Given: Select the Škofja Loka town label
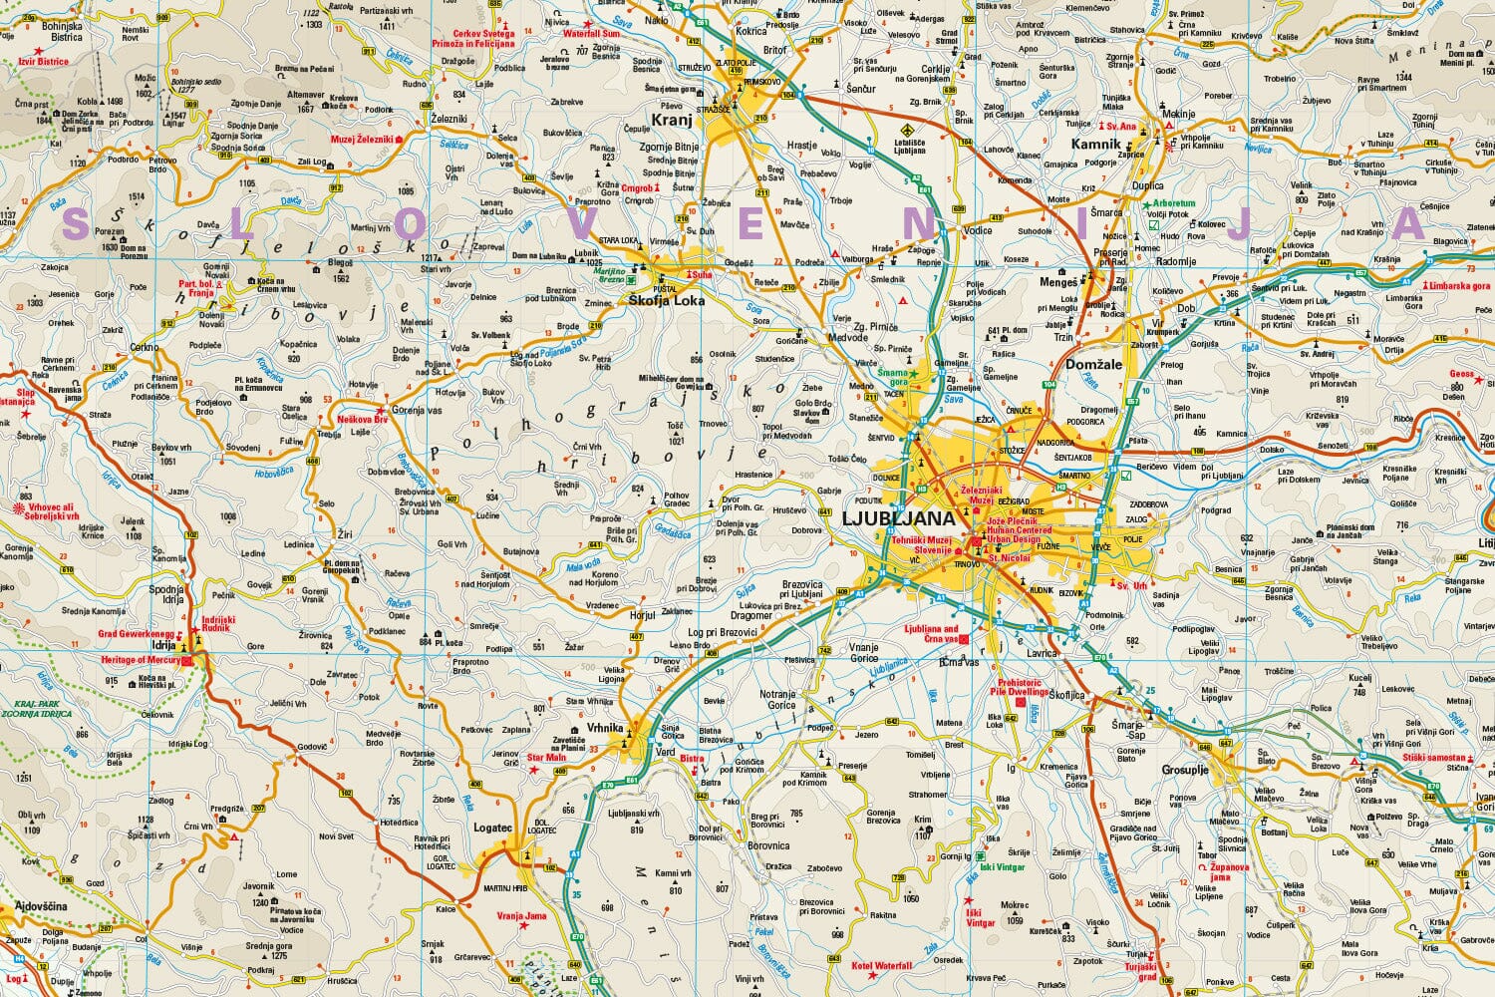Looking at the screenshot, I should pyautogui.click(x=667, y=300).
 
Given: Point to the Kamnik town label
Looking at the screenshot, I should pyautogui.click(x=1095, y=144).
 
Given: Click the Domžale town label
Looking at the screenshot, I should pyautogui.click(x=1093, y=365).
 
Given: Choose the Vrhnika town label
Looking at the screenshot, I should pyautogui.click(x=605, y=728).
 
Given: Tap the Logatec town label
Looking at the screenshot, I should pyautogui.click(x=492, y=828).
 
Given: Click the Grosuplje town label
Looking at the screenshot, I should pyautogui.click(x=1185, y=770).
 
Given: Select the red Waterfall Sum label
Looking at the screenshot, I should pyautogui.click(x=591, y=34).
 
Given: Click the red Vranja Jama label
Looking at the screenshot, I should pyautogui.click(x=522, y=916).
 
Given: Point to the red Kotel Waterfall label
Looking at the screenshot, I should pyautogui.click(x=882, y=966).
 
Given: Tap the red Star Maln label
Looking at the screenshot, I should pyautogui.click(x=545, y=758).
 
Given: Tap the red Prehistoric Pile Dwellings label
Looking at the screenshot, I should pyautogui.click(x=1019, y=686).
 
